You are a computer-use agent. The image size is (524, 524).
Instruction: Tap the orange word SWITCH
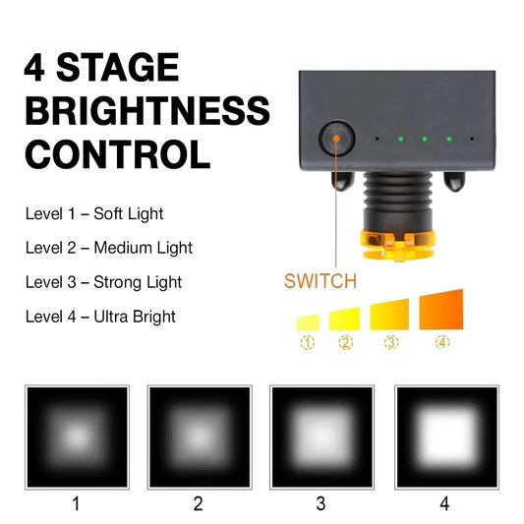[x=320, y=281]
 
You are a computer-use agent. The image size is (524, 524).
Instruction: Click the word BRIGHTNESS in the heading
[x=147, y=110]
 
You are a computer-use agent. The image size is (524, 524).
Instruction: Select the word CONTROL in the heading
[x=117, y=154]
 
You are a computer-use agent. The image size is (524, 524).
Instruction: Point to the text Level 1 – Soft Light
[x=94, y=213]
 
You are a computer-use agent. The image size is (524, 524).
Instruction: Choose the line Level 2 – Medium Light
[x=109, y=248]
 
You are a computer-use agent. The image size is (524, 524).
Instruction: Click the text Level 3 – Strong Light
[x=103, y=282]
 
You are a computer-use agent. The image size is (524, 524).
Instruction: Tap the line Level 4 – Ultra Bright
[x=100, y=317]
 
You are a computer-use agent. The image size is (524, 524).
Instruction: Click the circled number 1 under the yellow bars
[x=308, y=343]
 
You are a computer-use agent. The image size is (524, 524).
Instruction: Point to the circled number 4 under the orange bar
[x=441, y=343]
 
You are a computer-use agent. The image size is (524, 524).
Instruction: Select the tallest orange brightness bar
[x=441, y=310]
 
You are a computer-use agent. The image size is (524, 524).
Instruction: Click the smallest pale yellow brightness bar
[x=308, y=320]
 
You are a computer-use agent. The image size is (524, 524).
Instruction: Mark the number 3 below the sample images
[x=321, y=504]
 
